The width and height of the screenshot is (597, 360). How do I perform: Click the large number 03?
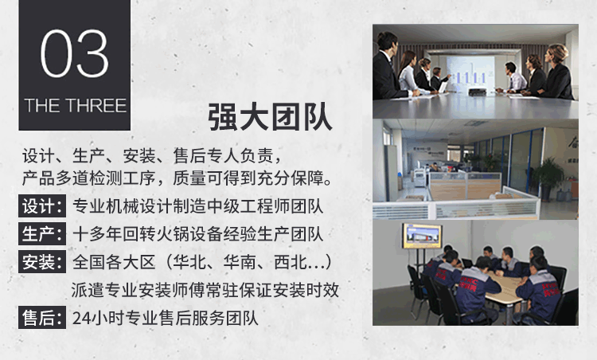pos(75,53)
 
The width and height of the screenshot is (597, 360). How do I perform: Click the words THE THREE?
pos(75,105)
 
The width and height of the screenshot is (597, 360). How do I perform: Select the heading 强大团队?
pos(271,117)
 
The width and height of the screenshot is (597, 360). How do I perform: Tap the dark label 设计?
pos(42,206)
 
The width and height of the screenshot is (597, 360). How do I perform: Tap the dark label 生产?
pos(42,234)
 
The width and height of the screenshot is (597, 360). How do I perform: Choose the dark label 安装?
pos(42,262)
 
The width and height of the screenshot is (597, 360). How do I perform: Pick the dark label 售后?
pos(42,317)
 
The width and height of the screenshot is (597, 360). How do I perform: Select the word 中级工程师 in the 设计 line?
pos(249,206)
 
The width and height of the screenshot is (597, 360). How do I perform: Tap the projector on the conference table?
pos(477,92)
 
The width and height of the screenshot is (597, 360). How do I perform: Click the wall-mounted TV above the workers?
pos(422,237)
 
